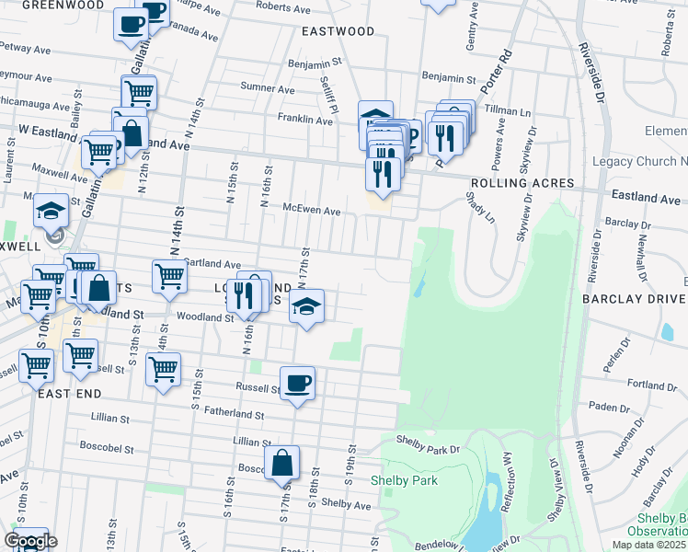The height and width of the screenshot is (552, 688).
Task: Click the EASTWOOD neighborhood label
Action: coord(338,31)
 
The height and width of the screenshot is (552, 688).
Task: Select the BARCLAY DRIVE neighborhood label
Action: coord(634,299)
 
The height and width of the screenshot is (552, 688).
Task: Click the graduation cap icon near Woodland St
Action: coord(306,306)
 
